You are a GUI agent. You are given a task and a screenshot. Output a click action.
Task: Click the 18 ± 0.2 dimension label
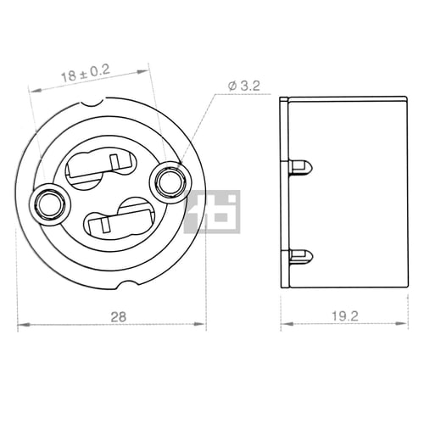(86, 73)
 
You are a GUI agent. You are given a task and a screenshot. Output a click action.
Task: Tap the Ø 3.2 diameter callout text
(244, 86)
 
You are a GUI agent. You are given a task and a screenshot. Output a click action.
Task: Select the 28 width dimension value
(119, 317)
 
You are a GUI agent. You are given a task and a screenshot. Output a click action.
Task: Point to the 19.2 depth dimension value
(345, 316)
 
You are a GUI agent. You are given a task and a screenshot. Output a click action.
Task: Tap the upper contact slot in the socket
(101, 168)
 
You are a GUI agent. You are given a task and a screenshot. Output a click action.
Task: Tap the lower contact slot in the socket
(119, 219)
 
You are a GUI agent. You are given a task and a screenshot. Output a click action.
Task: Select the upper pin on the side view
(301, 168)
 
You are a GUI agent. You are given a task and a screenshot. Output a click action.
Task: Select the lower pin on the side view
(301, 256)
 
